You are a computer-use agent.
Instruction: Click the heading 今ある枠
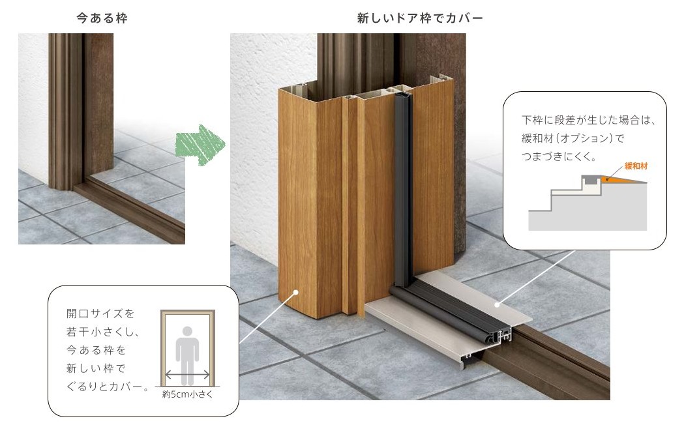pos(102,18)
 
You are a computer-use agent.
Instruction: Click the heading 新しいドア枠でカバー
pos(420,18)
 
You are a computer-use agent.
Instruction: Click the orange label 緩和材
pos(636,166)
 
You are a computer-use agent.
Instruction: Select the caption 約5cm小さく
pos(188,394)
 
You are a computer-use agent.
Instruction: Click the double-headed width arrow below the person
pos(188,374)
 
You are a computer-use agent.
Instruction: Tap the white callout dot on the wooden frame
pos(296,292)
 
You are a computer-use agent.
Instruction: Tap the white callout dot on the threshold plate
pos(497,304)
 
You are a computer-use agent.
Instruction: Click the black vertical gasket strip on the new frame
pos(402,192)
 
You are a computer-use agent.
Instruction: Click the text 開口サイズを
pos(100,314)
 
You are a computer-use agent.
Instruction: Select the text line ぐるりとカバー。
pos(108,387)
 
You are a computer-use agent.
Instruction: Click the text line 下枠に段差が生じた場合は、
pos(588,120)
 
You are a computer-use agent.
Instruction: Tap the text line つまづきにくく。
pos(559,156)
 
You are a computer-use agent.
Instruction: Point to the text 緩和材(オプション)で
pos(573,138)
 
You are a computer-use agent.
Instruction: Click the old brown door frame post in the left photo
pos(65,111)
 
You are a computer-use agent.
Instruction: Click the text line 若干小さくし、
pos(103,332)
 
